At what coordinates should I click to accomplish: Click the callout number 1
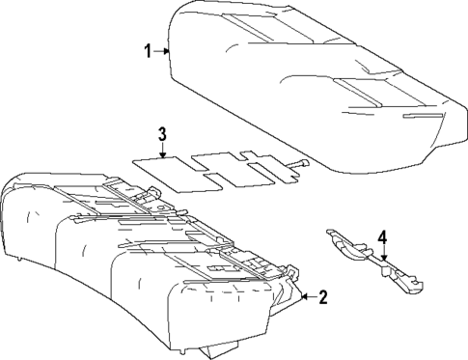[x=149, y=51]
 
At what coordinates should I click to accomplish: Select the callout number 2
[x=322, y=298]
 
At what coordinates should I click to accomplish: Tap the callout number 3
[x=163, y=133]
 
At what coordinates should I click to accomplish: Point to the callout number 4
[x=383, y=236]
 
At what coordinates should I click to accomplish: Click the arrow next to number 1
[x=164, y=51]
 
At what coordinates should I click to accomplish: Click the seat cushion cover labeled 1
[x=309, y=87]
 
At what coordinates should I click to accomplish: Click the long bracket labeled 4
[x=372, y=259]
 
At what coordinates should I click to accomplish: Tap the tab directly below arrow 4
[x=385, y=270]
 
